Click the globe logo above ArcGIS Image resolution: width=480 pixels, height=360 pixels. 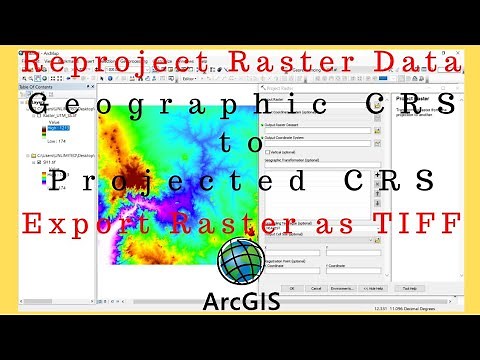pyautogui.click(x=240, y=262)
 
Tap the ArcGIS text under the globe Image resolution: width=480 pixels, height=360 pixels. pyautogui.click(x=240, y=299)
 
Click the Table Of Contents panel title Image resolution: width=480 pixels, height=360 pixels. pyautogui.click(x=35, y=87)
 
